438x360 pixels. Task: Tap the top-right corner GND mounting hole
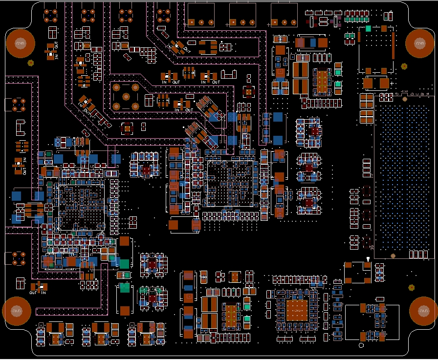[x=420, y=43]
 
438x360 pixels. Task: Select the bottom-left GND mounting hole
[x=17, y=311]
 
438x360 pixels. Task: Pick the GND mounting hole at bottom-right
[x=423, y=311]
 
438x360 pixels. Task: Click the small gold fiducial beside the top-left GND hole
[x=30, y=63]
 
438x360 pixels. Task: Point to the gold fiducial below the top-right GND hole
[x=404, y=66]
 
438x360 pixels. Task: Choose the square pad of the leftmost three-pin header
[x=192, y=22]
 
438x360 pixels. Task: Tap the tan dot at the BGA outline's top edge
[x=405, y=98]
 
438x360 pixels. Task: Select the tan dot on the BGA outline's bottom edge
[x=393, y=255]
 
